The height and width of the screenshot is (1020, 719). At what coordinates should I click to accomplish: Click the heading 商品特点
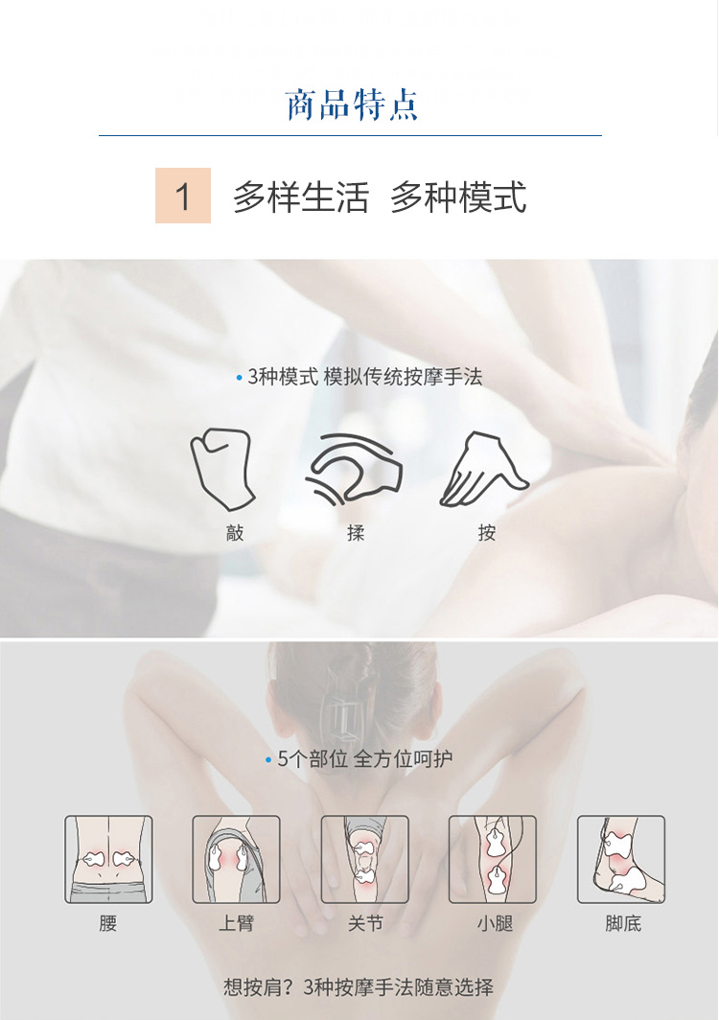click(x=352, y=104)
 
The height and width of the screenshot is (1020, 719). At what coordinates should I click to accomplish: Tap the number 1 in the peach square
click(x=183, y=196)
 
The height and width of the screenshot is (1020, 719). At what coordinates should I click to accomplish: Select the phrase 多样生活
click(x=301, y=197)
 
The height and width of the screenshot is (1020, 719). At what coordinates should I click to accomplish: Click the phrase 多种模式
click(x=458, y=197)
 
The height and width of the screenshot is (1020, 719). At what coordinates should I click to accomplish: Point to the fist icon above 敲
click(x=222, y=469)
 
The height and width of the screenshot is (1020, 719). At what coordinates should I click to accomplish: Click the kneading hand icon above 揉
click(x=354, y=469)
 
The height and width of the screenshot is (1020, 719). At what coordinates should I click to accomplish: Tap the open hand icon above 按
click(x=485, y=470)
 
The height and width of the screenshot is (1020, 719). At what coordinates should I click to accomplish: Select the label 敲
click(x=235, y=533)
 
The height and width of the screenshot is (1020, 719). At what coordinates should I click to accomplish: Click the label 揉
click(x=356, y=533)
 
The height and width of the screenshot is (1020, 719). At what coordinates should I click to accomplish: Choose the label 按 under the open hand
click(x=486, y=533)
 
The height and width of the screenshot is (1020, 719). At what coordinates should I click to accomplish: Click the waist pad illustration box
click(x=108, y=859)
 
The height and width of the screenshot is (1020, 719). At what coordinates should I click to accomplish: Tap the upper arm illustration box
click(x=236, y=859)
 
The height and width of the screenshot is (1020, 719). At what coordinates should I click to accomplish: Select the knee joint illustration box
click(x=365, y=859)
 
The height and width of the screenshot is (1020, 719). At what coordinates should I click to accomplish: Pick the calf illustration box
click(x=493, y=859)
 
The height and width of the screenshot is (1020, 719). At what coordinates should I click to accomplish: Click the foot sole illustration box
click(x=621, y=859)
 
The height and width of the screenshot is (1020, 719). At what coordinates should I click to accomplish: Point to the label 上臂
click(x=236, y=923)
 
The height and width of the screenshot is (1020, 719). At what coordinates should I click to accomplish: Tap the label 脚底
click(x=623, y=923)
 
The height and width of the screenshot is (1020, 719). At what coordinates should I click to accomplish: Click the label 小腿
click(x=495, y=923)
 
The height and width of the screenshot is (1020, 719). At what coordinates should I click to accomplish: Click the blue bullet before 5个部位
click(x=268, y=760)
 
